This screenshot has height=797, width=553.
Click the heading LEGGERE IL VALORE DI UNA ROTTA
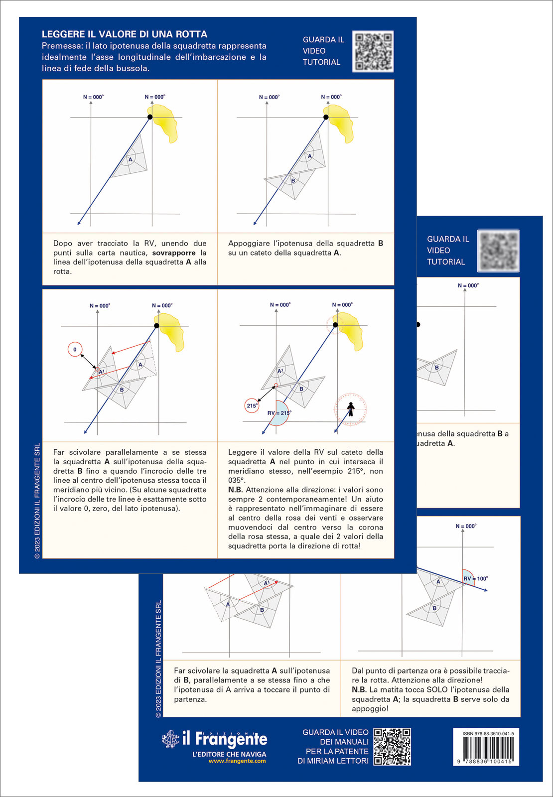[x=124, y=34]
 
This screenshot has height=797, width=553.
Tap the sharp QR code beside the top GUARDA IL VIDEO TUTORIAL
[x=373, y=51]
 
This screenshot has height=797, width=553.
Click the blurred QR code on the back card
[x=498, y=251]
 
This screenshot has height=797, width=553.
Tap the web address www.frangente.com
[x=237, y=761]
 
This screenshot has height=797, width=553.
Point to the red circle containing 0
[x=75, y=350]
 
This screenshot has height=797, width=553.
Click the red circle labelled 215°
[x=252, y=405]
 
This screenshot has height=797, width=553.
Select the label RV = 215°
[x=279, y=413]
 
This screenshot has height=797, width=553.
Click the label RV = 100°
[x=475, y=579]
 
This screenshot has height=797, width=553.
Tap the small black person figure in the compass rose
[x=351, y=409]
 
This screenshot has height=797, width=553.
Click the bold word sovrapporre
[x=174, y=253]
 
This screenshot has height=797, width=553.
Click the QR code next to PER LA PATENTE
[x=392, y=746]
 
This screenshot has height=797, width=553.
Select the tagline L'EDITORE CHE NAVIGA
[x=229, y=754]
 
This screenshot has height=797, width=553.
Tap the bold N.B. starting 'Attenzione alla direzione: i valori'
[x=235, y=490]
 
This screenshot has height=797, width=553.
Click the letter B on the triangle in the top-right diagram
[x=293, y=181]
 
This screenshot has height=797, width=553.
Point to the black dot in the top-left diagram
[x=150, y=117]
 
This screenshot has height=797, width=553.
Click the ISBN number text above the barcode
[x=488, y=734]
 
